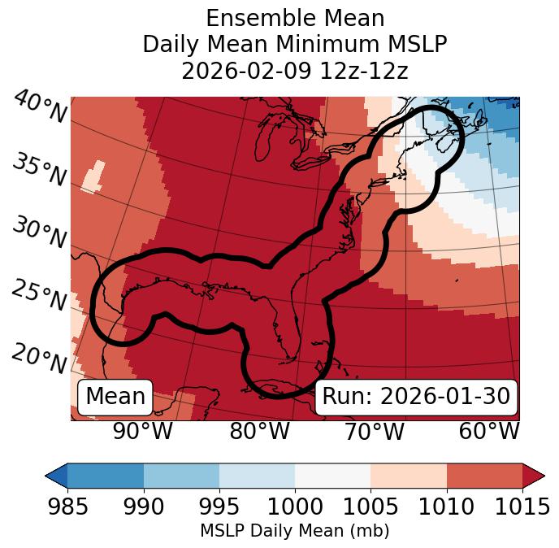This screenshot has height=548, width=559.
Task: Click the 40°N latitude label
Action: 40,107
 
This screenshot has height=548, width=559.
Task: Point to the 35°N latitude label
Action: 40,170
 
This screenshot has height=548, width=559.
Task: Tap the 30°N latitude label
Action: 40,233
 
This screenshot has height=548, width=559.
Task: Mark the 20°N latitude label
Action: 40,359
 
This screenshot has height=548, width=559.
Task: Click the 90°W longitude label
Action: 142,431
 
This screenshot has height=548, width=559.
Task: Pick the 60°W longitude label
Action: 489,431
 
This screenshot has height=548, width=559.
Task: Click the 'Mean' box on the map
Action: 115,397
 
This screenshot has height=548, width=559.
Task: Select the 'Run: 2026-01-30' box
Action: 416,397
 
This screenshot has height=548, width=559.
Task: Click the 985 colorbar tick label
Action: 68,507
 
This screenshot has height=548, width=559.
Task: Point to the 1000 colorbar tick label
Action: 295,507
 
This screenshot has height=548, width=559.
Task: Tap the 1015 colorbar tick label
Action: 521,507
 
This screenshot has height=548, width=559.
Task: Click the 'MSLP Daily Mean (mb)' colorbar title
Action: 295,532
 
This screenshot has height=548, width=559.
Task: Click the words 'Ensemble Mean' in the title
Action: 295,18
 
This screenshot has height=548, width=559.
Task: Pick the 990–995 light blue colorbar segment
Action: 181,475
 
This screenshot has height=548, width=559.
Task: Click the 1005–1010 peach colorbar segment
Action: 408,475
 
